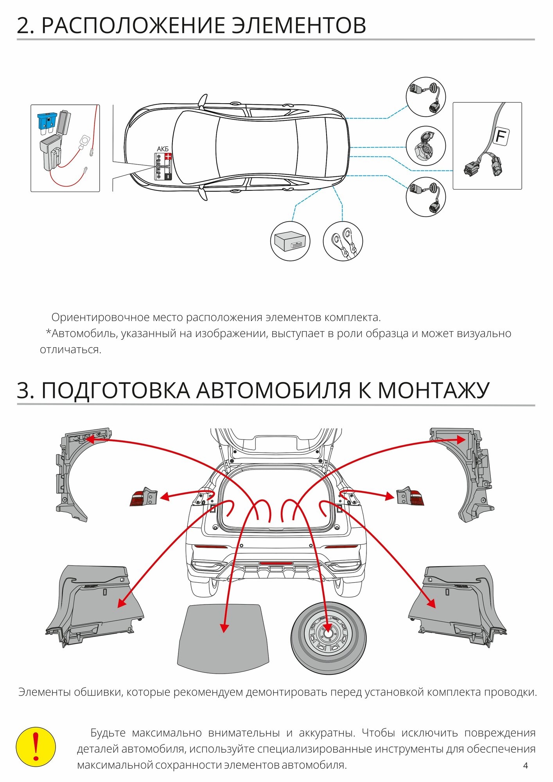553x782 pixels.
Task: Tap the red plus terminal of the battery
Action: coord(168,156)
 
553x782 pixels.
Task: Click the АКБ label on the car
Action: coord(163,149)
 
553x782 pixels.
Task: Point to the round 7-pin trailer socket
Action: coord(425,146)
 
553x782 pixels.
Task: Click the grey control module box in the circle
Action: coord(289,241)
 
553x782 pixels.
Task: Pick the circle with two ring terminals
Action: coord(343,241)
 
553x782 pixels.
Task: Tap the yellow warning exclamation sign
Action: coord(36,746)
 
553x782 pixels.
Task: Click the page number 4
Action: coord(525,765)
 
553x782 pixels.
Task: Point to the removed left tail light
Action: coord(144,497)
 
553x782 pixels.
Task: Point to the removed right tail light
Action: coord(410,497)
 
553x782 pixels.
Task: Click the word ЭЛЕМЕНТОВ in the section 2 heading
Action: coord(299,26)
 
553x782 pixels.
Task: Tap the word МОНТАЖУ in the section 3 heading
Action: coord(433,391)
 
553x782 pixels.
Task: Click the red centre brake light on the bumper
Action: coord(276,563)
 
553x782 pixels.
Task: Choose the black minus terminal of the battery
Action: coord(168,176)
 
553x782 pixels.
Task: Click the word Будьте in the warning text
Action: coord(108,732)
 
